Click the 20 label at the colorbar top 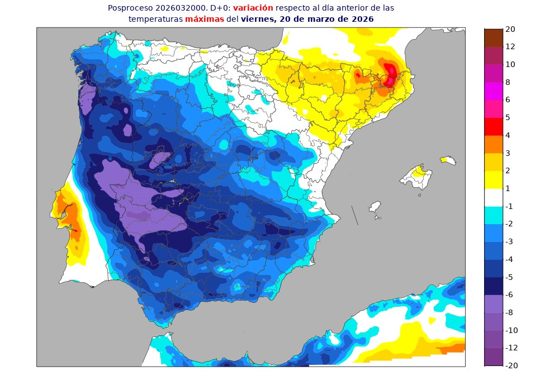[510, 29]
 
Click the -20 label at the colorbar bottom [512, 365]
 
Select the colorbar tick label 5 [508, 117]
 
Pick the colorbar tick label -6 [510, 294]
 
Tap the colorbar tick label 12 [510, 46]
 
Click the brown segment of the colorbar [494, 37]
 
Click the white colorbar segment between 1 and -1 [494, 197]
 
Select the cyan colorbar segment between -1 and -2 [494, 215]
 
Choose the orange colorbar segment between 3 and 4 [494, 144]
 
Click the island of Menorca [448, 160]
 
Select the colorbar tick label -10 [512, 330]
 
